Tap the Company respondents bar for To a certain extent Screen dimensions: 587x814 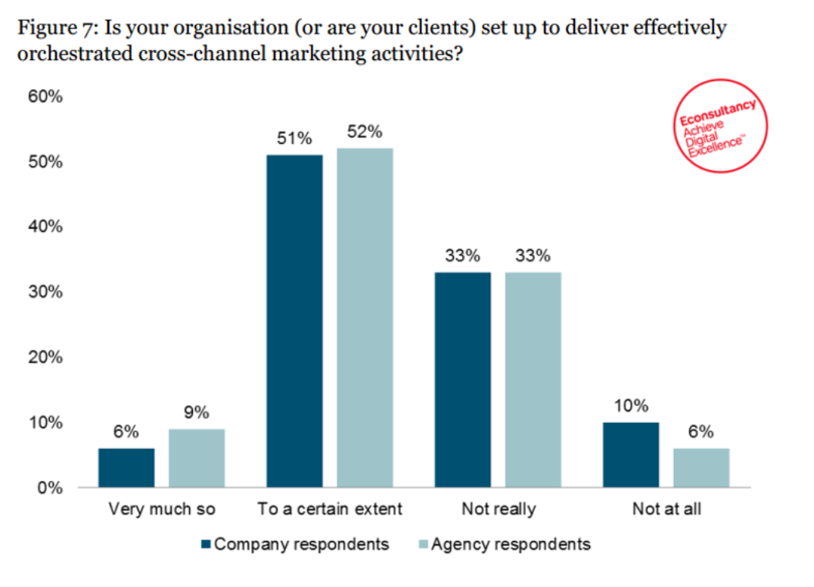(x=294, y=320)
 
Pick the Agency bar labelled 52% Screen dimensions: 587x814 (x=365, y=317)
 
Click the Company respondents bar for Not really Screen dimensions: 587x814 (x=462, y=379)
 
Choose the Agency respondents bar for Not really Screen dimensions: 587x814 (x=533, y=379)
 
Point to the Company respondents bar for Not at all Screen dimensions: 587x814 (x=631, y=454)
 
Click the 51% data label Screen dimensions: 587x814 (x=294, y=139)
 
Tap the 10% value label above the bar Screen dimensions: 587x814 (x=631, y=406)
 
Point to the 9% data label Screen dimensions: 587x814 (x=197, y=413)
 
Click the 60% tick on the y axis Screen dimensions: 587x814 (x=45, y=98)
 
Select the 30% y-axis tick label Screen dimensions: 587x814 (x=45, y=292)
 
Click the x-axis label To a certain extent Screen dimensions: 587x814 (x=330, y=508)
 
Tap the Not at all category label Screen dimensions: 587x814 (x=666, y=508)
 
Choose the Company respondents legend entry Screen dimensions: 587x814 (x=295, y=544)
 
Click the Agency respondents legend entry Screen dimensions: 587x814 (x=502, y=544)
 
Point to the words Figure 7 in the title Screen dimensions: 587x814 (x=53, y=30)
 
